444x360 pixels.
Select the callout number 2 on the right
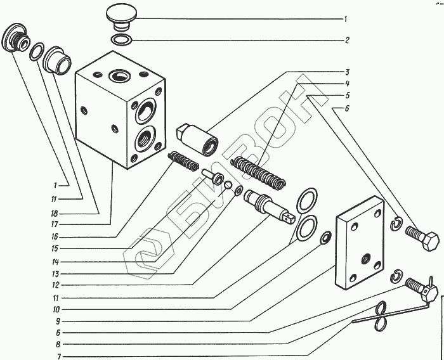point(347,40)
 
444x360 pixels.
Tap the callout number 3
point(347,72)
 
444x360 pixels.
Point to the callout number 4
point(347,84)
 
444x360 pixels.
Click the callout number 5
point(347,96)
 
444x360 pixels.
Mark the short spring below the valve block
point(184,164)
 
